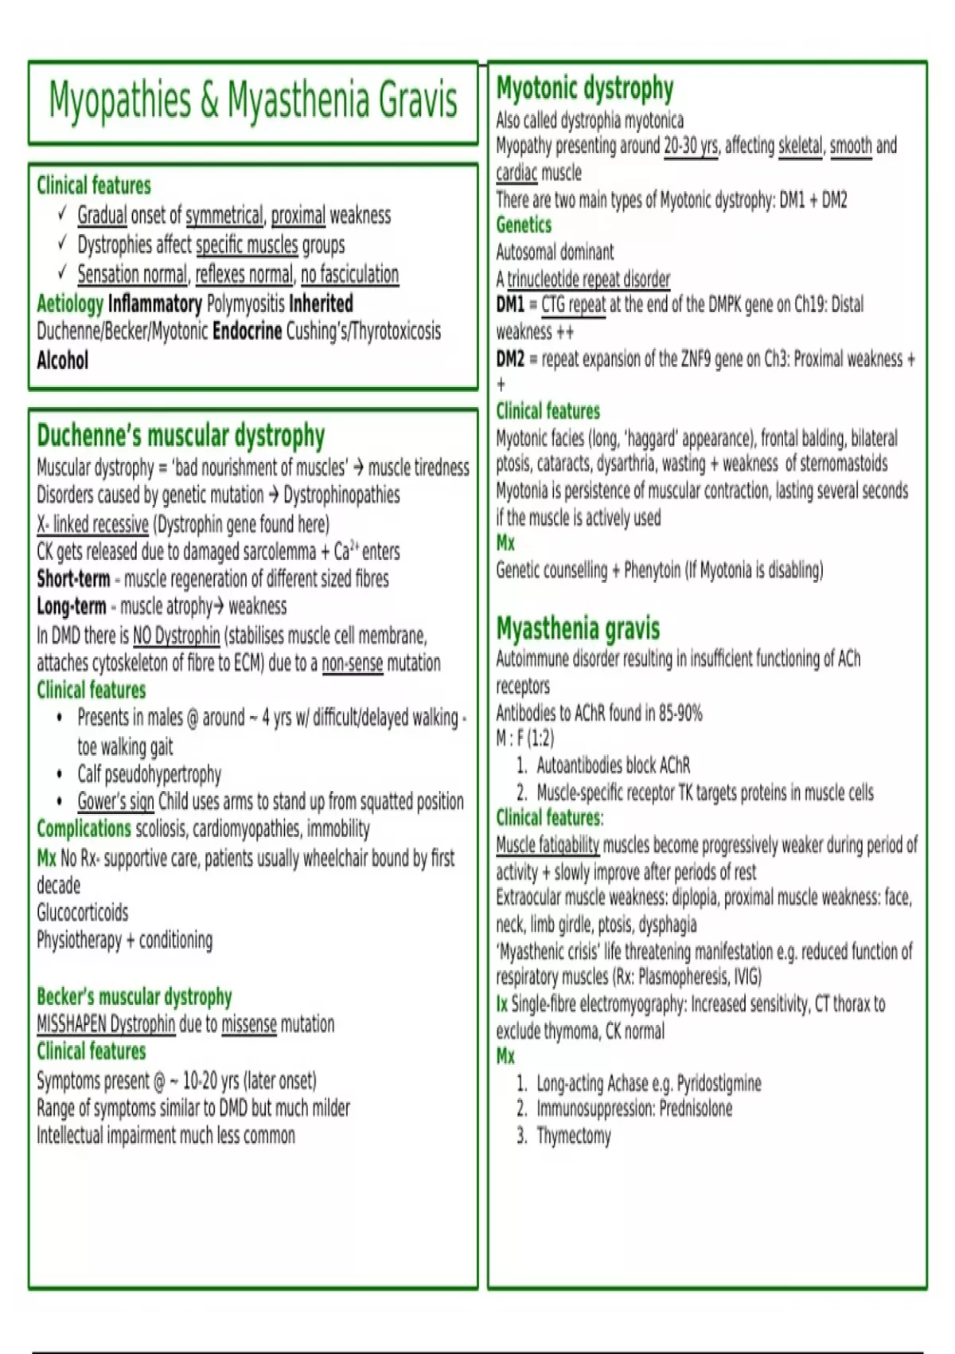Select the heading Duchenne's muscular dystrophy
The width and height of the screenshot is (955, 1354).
coord(181,436)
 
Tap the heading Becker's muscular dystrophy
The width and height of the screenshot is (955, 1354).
coord(134,996)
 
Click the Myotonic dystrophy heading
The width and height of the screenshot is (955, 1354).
coord(585,88)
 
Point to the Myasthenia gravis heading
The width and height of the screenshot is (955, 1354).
coord(578,628)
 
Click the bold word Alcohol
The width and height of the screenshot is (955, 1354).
coord(62,361)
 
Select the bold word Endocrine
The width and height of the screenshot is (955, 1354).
coord(247,331)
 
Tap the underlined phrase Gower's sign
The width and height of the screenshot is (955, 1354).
coord(115,801)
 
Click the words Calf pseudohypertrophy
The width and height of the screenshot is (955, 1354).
coord(149,774)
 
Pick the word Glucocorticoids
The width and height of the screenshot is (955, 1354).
coord(82,913)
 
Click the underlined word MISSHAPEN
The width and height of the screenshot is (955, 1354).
coord(72,1024)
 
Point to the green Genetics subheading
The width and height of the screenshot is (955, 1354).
coord(524,225)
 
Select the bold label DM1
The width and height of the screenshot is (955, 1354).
coord(510,305)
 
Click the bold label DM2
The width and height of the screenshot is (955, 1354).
coord(510,359)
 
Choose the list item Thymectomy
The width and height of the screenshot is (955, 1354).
coord(573,1136)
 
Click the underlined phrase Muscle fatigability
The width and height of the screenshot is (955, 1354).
coord(548,845)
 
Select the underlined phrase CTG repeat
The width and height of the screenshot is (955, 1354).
coord(573,305)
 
